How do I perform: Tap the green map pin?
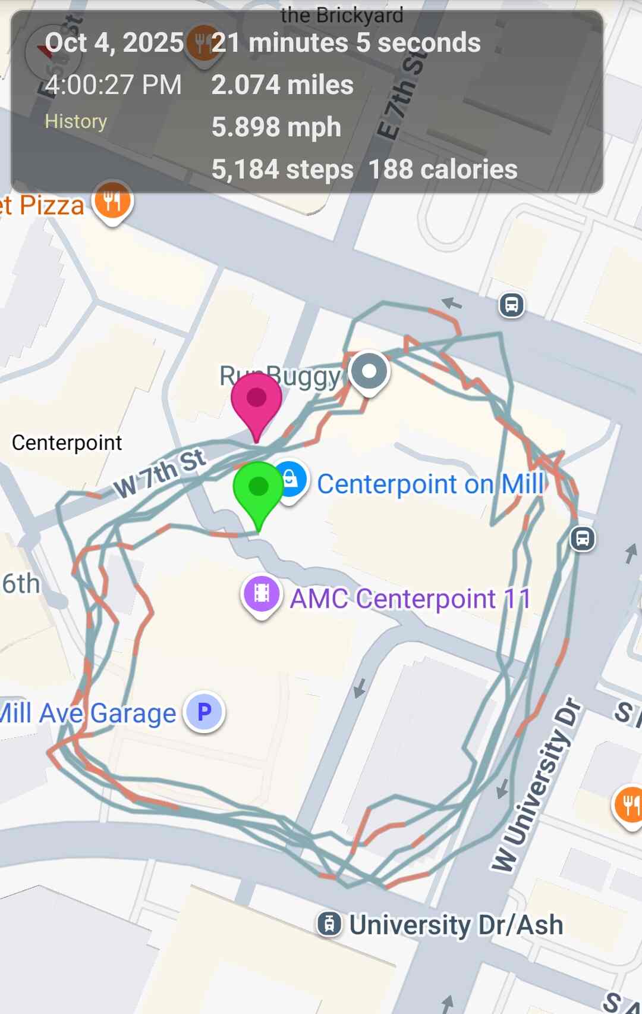click(258, 489)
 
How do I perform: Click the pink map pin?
click(256, 400)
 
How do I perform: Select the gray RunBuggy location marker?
click(369, 372)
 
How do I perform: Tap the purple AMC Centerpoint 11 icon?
click(262, 593)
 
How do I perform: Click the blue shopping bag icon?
click(290, 479)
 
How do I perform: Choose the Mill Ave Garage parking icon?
click(204, 712)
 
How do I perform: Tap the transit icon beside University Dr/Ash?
click(329, 924)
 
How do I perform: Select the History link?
click(75, 121)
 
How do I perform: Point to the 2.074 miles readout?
click(282, 84)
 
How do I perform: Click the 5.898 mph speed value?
click(276, 127)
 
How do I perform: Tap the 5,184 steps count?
click(282, 170)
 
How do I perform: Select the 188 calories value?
click(443, 170)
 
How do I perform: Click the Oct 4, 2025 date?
click(114, 42)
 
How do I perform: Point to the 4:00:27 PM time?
click(113, 84)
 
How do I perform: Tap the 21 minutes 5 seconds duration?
click(346, 42)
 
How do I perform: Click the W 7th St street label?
click(160, 474)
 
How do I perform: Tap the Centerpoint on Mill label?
click(430, 484)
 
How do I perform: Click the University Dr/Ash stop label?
click(456, 925)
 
